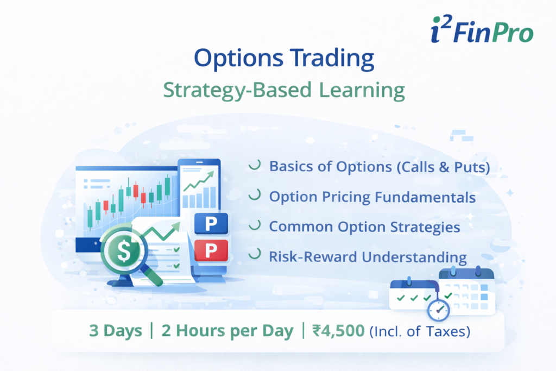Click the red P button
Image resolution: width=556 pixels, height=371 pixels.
coord(210,250)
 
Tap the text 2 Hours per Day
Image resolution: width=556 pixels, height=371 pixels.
coord(228,331)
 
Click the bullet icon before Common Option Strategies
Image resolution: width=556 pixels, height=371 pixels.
coord(254,226)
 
